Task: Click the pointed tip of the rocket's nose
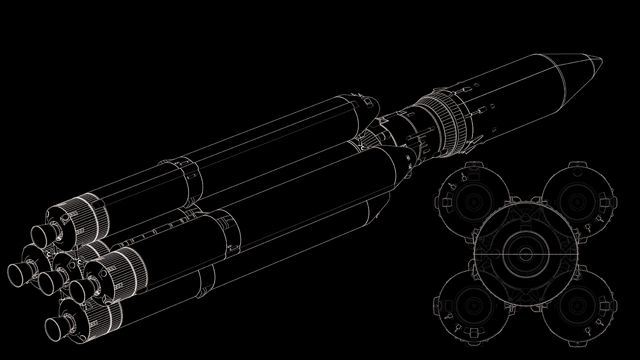pyautogui.click(x=602, y=59)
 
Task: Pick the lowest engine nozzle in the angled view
pyautogui.click(x=56, y=326)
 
